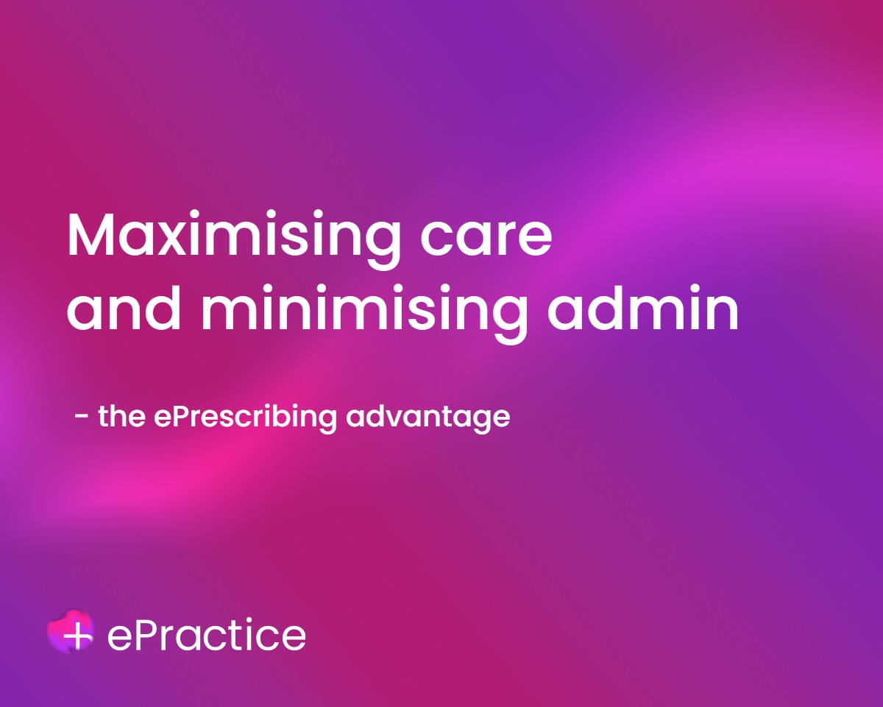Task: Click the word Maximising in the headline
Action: tap(234, 240)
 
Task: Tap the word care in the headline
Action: tap(486, 240)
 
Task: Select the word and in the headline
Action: tap(124, 307)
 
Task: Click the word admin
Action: tap(643, 307)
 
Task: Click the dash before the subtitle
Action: tap(82, 416)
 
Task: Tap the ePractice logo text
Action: tap(206, 635)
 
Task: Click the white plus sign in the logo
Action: tap(78, 636)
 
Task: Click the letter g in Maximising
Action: tap(383, 247)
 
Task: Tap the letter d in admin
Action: tap(605, 307)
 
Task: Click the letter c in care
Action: tap(435, 240)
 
